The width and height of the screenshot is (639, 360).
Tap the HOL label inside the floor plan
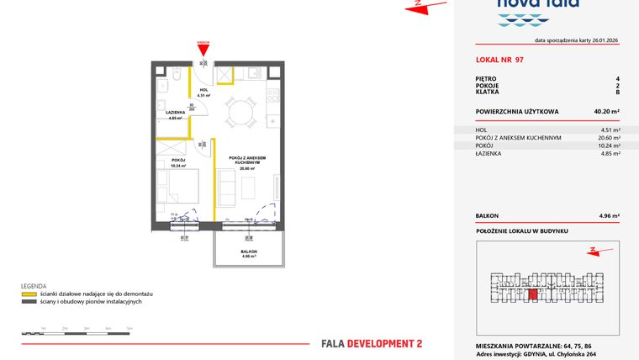pyautogui.click(x=203, y=91)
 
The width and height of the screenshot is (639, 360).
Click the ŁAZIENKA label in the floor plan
pyautogui.click(x=175, y=114)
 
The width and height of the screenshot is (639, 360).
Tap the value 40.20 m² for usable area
pyautogui.click(x=606, y=111)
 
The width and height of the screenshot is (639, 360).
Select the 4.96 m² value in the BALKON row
pyautogui.click(x=609, y=216)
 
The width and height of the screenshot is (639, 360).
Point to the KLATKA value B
pyautogui.click(x=617, y=93)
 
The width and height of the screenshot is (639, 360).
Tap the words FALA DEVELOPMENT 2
pyautogui.click(x=372, y=343)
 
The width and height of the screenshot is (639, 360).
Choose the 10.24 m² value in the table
pyautogui.click(x=607, y=146)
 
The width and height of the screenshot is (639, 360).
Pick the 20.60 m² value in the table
pyautogui.click(x=607, y=138)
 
